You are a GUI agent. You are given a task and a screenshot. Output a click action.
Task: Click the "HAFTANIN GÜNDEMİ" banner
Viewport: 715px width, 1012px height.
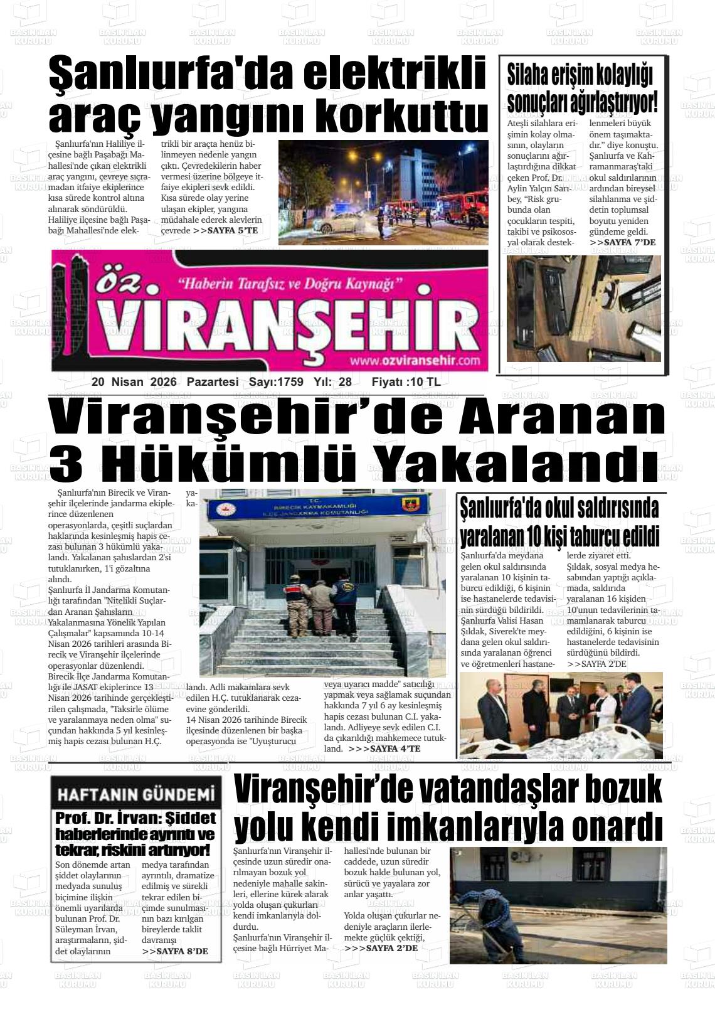click(x=137, y=795)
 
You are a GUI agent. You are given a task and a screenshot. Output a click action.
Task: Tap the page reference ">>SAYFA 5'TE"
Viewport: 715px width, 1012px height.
click(x=225, y=230)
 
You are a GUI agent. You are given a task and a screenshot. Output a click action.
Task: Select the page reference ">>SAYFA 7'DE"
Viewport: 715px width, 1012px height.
click(x=623, y=242)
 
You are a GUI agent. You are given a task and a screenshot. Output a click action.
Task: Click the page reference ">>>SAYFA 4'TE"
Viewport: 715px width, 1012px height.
click(x=384, y=748)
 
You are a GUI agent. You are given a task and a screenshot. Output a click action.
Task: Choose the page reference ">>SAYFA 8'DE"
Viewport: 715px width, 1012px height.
click(x=175, y=951)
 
